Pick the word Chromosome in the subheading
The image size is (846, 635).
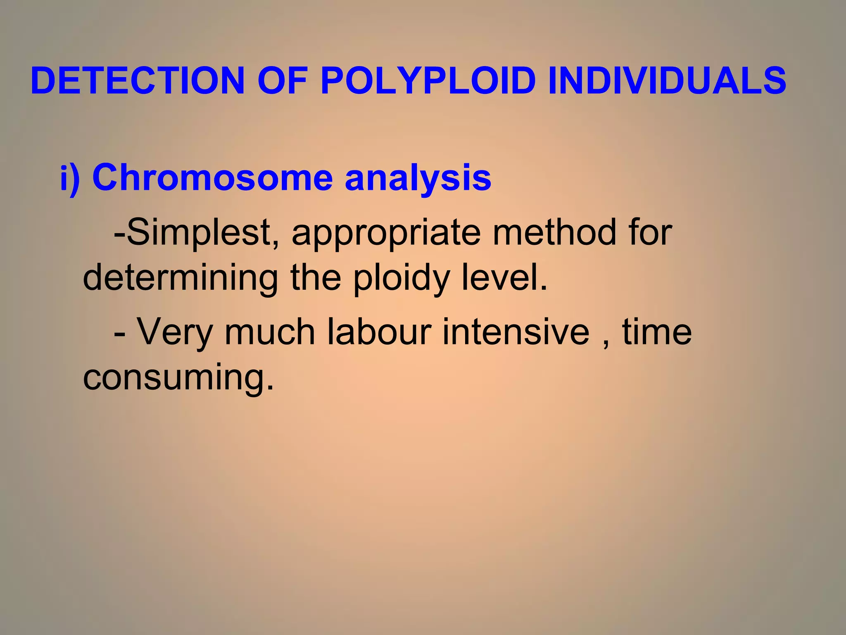click(212, 178)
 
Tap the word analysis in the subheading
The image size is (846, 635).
click(418, 179)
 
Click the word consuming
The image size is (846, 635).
click(178, 377)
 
